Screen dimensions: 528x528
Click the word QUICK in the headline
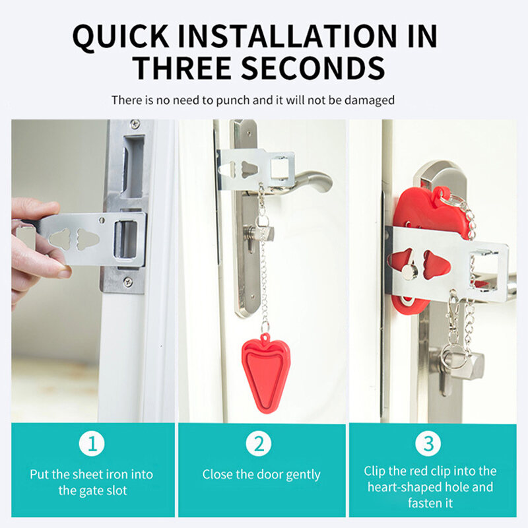[x=121, y=37]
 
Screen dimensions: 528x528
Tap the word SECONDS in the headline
[x=313, y=68]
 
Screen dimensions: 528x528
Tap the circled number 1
[x=92, y=444]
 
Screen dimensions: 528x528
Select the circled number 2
[x=259, y=444]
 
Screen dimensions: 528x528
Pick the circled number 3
[x=428, y=444]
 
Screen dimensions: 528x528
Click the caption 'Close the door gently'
[x=261, y=475]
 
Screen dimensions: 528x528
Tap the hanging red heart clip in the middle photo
[x=266, y=372]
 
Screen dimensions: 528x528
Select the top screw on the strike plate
[x=135, y=124]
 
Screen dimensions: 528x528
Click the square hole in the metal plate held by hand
[x=126, y=240]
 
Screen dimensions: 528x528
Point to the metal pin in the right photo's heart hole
[x=410, y=271]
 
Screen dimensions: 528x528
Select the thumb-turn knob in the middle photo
[x=259, y=233]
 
